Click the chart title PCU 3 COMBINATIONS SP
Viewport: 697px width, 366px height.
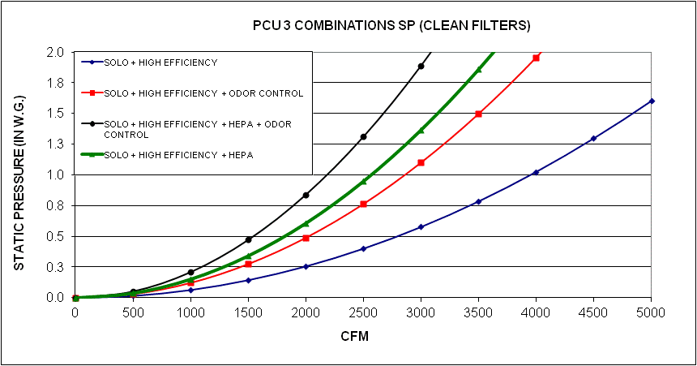click(x=391, y=26)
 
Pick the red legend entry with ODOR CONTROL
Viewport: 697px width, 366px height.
click(x=203, y=93)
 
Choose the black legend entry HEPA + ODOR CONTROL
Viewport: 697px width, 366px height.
click(x=198, y=129)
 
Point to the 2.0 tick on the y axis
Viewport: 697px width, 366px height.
click(x=56, y=52)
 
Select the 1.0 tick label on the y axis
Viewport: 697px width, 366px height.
click(x=56, y=174)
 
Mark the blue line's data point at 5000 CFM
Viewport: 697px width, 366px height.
click(x=652, y=101)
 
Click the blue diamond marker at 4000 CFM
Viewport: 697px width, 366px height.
click(x=536, y=172)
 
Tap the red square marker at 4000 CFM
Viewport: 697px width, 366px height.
click(x=536, y=58)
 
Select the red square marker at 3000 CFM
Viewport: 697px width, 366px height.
click(x=421, y=162)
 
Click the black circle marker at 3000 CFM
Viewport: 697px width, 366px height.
click(x=421, y=67)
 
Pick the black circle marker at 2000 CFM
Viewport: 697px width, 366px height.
click(x=306, y=195)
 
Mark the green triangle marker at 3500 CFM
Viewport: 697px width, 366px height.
click(x=478, y=70)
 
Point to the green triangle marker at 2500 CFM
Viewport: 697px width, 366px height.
click(x=363, y=181)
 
